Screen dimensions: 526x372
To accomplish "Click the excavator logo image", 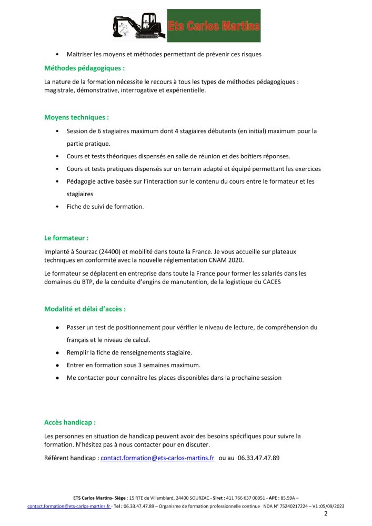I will [x=139, y=25].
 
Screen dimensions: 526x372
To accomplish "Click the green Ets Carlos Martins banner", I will [x=214, y=25].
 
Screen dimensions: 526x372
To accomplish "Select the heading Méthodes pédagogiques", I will [x=85, y=68].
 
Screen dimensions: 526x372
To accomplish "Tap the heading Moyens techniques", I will [x=77, y=117].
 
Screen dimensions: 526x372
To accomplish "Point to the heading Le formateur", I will [x=66, y=238].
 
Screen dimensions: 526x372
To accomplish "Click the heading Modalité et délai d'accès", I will [x=85, y=309].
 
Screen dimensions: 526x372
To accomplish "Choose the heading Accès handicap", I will [x=70, y=422].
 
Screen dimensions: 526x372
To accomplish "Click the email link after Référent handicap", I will [x=157, y=458].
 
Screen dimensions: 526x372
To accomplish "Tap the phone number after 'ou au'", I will [x=258, y=458].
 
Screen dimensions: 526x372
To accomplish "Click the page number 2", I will [x=326, y=513].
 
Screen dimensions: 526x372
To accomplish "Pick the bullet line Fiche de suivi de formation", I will [x=105, y=207].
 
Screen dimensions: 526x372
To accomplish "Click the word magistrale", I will [x=61, y=90].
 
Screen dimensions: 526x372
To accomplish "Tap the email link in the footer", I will [x=69, y=506].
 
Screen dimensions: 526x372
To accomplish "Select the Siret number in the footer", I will [x=247, y=498].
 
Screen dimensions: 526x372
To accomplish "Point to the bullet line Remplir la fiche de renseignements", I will [x=129, y=352].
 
